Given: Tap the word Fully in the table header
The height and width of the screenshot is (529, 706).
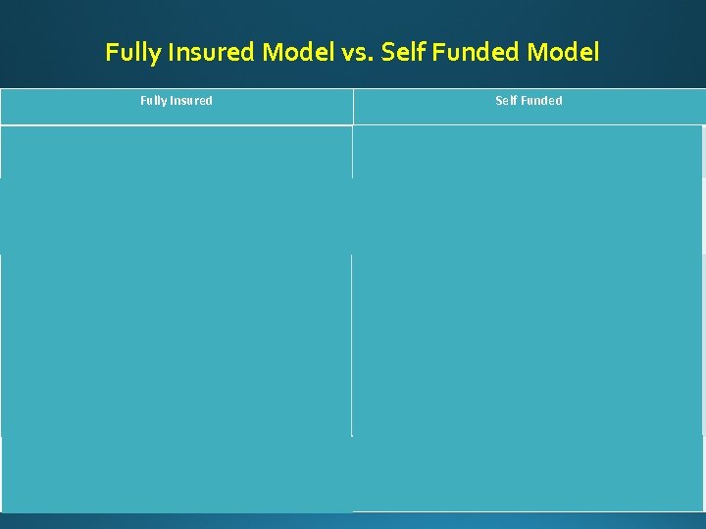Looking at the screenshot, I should (x=154, y=101).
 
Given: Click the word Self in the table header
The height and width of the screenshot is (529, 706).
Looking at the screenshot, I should (x=506, y=101).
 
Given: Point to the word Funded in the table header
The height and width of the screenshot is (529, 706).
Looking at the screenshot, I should (x=541, y=101).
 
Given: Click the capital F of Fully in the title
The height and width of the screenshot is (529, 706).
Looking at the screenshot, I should (x=111, y=52).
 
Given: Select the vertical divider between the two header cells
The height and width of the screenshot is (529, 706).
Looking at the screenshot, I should (x=353, y=106).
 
